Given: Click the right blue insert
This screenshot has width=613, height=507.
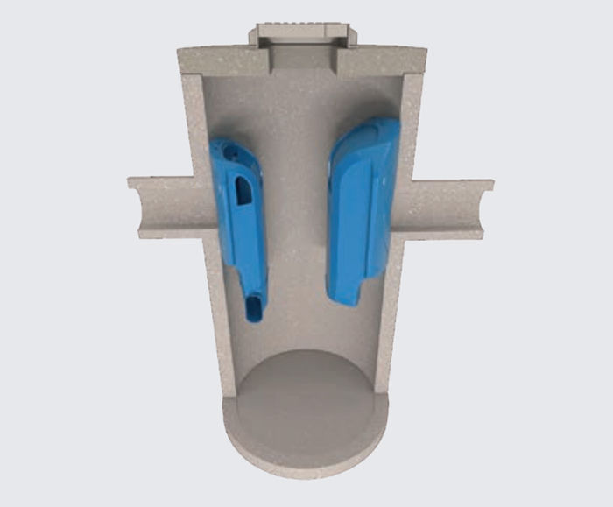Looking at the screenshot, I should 361,210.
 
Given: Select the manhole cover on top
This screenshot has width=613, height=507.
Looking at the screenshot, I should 303,34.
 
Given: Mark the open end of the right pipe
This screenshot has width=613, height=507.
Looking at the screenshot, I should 487,208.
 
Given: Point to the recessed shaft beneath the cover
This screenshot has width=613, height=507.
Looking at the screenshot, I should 303,59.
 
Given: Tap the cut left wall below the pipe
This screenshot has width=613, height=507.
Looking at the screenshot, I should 215,315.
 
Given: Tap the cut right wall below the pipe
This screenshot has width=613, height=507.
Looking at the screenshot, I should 390,315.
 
